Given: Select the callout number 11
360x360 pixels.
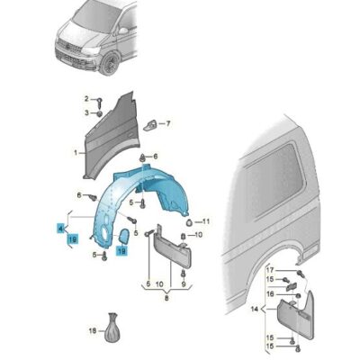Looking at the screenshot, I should click(205, 221).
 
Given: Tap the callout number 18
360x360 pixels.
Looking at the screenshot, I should click(93, 332).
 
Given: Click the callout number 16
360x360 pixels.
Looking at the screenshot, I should click(268, 293).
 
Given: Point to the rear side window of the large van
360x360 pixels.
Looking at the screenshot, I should click(274, 188).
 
